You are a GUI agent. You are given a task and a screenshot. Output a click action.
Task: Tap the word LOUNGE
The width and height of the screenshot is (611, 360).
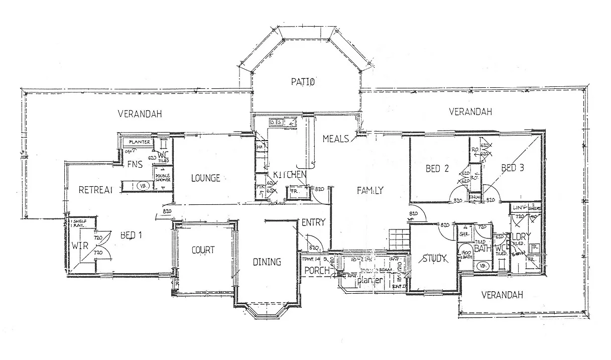click(205, 178)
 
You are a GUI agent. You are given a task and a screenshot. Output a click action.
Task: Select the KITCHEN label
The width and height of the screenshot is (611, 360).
click(290, 174)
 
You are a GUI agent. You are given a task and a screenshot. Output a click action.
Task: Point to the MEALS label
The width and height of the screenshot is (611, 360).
click(335, 139)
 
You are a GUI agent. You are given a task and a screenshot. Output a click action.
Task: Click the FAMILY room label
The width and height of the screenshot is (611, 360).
click(370, 190)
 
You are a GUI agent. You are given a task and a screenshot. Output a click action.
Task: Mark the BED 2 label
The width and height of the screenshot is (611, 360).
click(437, 169)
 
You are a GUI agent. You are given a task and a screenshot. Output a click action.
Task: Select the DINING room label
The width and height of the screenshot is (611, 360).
click(267, 262)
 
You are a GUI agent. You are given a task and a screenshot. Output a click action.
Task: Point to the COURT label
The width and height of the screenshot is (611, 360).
click(203, 250)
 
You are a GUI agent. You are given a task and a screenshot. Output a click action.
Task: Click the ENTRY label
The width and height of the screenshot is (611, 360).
click(314, 222)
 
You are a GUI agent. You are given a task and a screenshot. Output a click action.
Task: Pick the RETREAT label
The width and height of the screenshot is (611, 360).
click(94, 190)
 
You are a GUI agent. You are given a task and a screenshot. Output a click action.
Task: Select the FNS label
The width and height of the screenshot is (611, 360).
click(135, 164)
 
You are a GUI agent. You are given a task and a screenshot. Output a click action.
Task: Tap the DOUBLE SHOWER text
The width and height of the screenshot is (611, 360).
click(162, 177)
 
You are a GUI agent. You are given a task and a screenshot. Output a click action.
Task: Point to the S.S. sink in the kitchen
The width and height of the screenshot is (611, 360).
click(276, 122)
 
